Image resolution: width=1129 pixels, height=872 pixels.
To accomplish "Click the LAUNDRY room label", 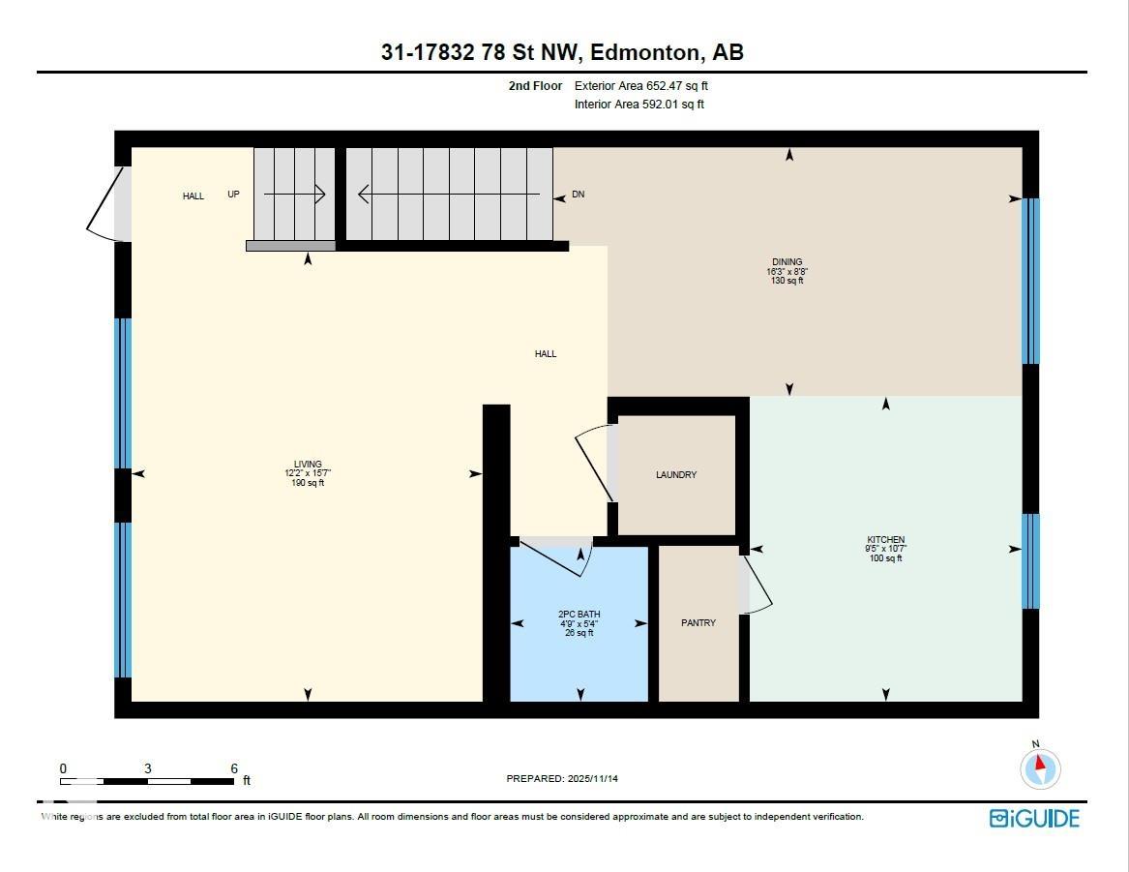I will pos(675,475).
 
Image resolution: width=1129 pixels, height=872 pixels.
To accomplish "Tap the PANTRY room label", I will pos(698,623).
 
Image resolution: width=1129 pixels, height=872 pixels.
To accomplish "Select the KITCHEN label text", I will pos(885,540).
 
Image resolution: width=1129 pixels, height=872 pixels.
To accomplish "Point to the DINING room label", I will pos(787,262).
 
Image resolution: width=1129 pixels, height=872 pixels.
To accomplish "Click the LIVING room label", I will pos(308,465).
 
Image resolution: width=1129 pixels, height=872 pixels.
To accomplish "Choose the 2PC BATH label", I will pos(579,615).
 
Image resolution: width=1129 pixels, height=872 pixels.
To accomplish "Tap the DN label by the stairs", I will pos(578,195).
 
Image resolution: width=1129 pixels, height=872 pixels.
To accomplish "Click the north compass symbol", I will pos(1040,768).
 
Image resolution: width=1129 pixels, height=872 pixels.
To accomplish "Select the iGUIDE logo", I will pos(1033,819).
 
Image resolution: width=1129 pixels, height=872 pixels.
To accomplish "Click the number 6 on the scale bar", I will pos(234,768).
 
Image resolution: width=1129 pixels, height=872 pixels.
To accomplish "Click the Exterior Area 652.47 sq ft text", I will pos(641,86).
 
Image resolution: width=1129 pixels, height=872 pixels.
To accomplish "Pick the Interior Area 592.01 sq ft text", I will pos(639,105).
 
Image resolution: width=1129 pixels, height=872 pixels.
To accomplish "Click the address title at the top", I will pos(562,52).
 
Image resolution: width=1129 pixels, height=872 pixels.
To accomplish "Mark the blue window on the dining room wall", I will pos(1031,281).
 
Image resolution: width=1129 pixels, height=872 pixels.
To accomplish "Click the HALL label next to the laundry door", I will pos(546,354).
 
